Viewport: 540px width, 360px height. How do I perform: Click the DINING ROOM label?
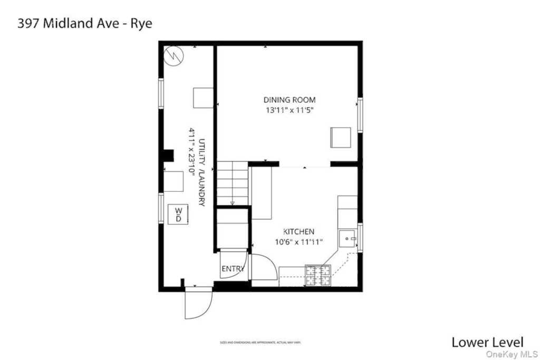click(x=290, y=100)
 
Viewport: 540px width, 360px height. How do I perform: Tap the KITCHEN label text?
click(x=299, y=231)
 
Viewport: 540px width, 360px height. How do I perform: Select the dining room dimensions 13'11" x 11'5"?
click(x=290, y=111)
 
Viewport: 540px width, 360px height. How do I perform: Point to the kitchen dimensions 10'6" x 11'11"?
click(x=298, y=242)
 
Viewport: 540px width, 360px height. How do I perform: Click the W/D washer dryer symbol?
click(x=178, y=214)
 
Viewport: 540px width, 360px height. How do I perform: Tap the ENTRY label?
click(x=233, y=269)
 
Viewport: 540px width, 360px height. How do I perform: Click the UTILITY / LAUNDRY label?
click(x=201, y=172)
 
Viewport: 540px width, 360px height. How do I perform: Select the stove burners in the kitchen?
click(x=319, y=275)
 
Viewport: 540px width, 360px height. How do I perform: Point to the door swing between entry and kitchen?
click(x=264, y=267)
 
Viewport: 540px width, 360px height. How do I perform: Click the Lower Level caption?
click(x=487, y=342)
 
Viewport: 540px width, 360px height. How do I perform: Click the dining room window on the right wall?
click(x=360, y=114)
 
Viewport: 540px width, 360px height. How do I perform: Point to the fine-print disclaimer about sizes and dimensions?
click(x=260, y=343)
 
